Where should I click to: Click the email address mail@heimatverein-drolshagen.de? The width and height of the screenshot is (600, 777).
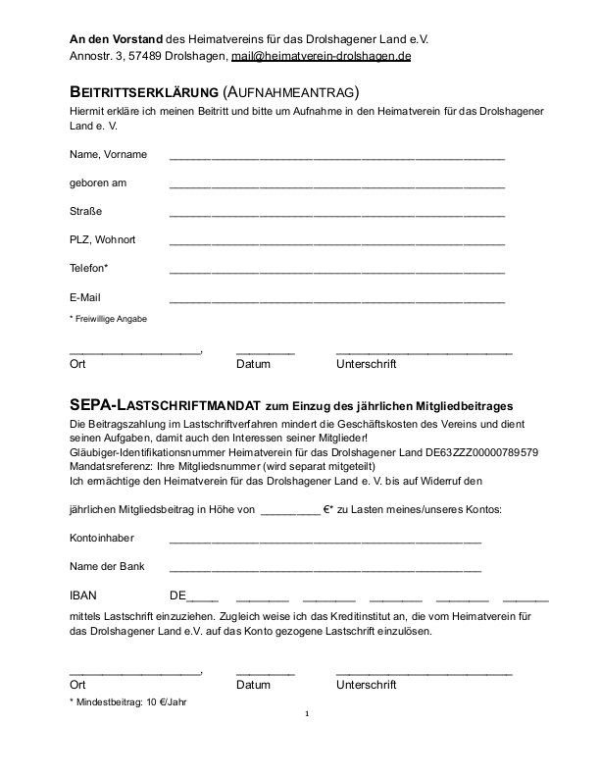pyautogui.click(x=321, y=56)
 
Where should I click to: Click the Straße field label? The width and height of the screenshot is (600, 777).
pyautogui.click(x=85, y=212)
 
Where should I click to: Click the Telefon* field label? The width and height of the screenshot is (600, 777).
pyautogui.click(x=89, y=269)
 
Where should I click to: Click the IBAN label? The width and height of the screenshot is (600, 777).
pyautogui.click(x=83, y=596)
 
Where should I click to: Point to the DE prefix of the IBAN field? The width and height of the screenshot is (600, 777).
pyautogui.click(x=177, y=596)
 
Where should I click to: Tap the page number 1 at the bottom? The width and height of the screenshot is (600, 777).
pyautogui.click(x=307, y=714)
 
